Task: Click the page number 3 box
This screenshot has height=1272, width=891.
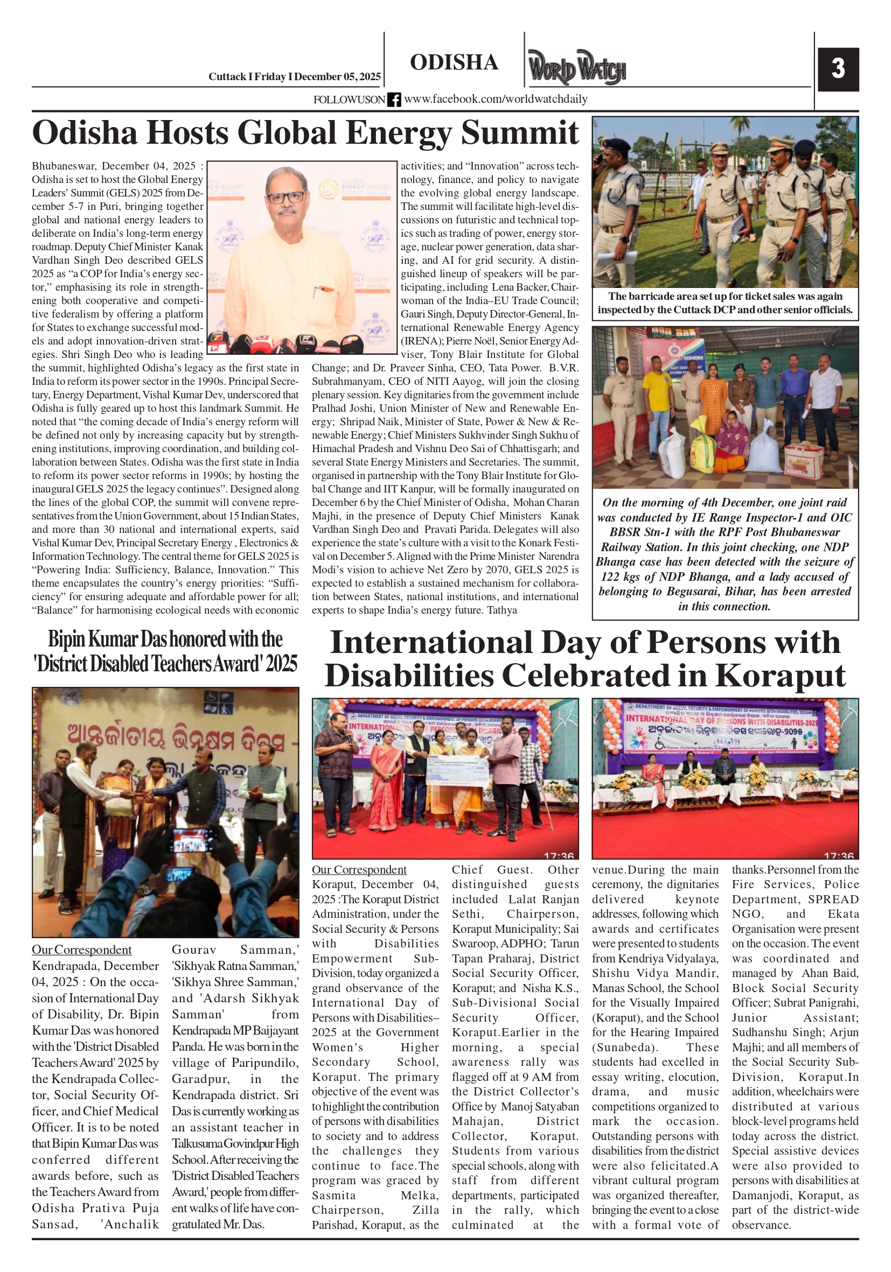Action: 838,69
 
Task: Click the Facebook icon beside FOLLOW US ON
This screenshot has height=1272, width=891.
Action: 394,100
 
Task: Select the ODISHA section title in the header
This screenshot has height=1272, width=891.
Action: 454,62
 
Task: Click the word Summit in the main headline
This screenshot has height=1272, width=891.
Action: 519,133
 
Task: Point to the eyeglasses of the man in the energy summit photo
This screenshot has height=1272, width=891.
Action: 286,196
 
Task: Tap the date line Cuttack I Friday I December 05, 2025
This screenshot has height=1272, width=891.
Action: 295,77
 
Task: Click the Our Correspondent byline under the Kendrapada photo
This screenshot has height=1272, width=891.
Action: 81,950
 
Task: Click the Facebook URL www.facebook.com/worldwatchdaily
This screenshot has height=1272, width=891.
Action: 496,99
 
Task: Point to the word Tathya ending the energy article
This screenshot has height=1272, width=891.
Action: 502,610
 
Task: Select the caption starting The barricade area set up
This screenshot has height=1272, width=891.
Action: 725,303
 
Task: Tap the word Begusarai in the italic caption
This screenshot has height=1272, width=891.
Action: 700,592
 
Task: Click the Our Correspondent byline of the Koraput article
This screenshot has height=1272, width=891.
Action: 359,870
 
